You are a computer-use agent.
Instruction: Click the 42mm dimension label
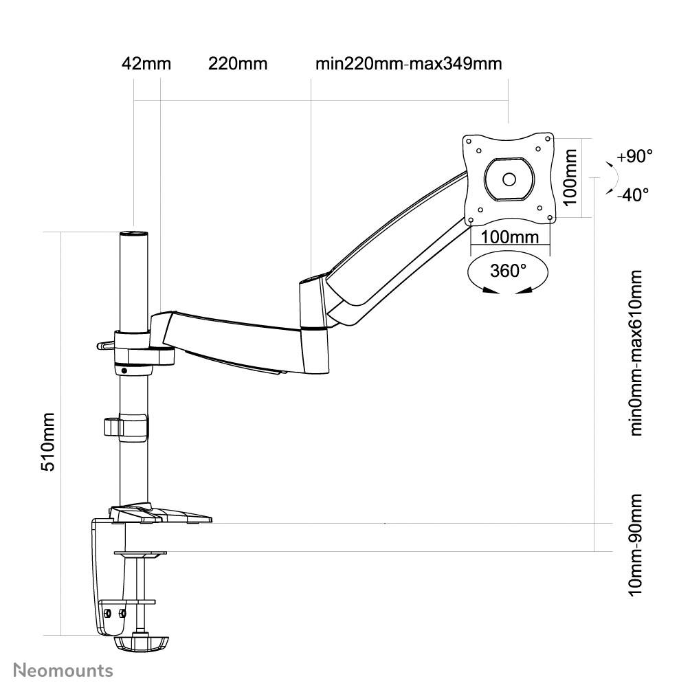146,64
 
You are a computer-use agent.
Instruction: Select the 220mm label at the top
237,64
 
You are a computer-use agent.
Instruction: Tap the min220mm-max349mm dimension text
408,64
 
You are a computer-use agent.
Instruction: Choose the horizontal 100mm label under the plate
510,237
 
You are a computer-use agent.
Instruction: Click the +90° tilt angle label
634,156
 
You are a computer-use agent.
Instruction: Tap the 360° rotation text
509,271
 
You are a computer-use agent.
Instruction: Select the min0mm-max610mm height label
636,353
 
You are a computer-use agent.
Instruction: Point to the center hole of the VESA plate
509,179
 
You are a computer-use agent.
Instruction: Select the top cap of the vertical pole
134,234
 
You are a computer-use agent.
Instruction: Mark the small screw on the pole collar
124,370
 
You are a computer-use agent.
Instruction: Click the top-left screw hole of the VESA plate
478,147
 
